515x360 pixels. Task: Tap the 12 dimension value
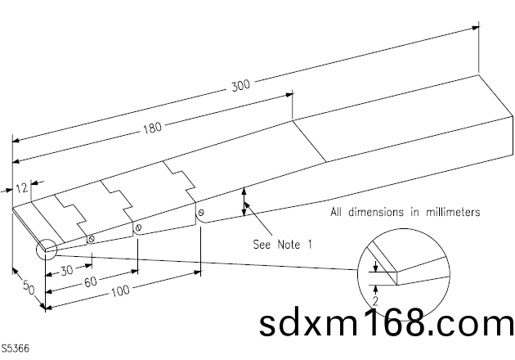(x=22, y=187)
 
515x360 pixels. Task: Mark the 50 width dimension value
(x=26, y=289)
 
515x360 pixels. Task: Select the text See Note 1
(x=283, y=244)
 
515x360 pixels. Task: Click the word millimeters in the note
(x=450, y=212)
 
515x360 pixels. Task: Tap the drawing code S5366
(x=15, y=349)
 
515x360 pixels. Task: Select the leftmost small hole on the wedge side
(x=91, y=239)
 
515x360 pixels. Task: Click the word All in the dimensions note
(x=336, y=212)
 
